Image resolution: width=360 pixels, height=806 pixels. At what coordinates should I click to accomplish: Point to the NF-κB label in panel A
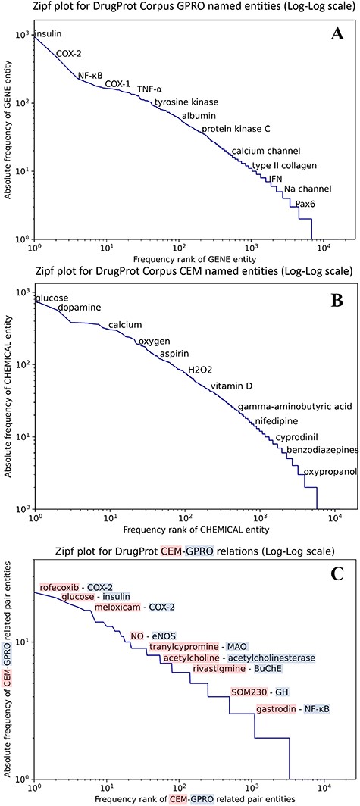(92, 76)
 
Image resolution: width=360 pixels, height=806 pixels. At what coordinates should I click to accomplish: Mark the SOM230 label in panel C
(249, 692)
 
